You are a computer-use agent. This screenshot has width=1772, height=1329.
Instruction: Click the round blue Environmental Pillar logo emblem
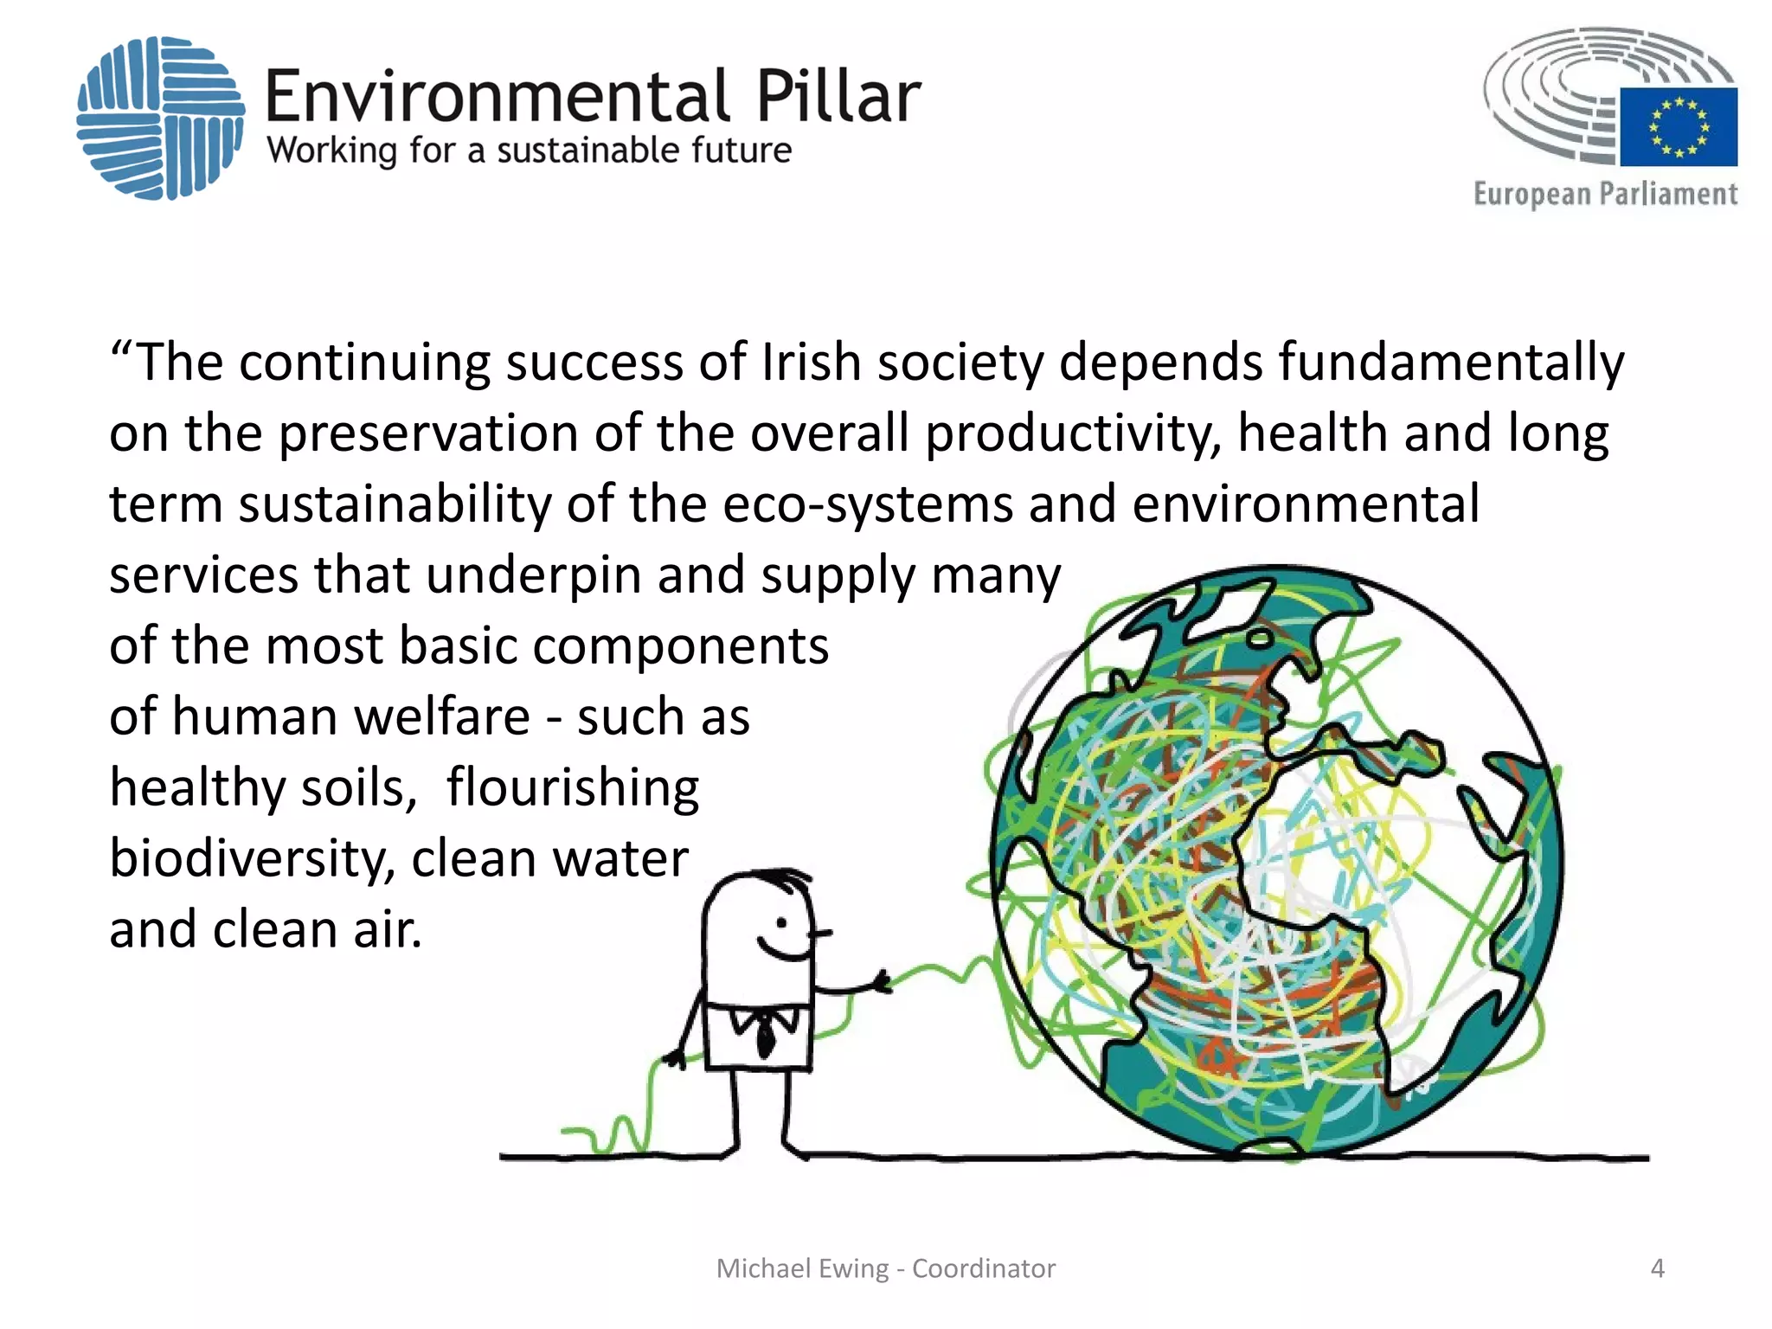click(160, 118)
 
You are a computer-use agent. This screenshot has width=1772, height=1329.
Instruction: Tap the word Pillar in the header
click(838, 97)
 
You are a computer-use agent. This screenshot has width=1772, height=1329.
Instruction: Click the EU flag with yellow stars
click(1678, 126)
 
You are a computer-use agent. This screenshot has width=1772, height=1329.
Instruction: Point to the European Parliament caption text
click(1605, 194)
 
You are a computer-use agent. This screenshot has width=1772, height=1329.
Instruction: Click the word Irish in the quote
click(811, 362)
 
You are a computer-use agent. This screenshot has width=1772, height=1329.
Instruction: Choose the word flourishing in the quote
click(572, 787)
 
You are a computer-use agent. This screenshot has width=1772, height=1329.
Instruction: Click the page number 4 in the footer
click(1657, 1268)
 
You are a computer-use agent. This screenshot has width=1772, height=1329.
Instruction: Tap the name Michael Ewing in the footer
click(802, 1268)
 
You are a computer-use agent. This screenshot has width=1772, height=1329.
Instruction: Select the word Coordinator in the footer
click(984, 1268)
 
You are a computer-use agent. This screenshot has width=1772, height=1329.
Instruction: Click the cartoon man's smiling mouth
click(782, 951)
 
